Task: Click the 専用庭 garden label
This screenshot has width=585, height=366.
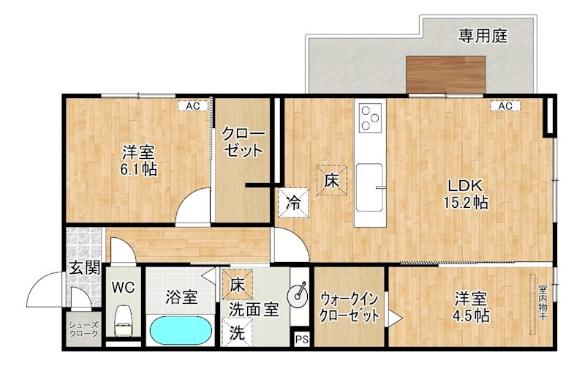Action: [483, 34]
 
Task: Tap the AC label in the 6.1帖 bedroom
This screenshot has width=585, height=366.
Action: [192, 106]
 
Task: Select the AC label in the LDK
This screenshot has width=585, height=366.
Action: [505, 106]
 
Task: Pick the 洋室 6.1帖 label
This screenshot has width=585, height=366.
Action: [139, 161]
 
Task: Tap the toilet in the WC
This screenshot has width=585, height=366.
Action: [124, 321]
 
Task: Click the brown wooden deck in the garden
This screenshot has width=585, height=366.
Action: [446, 75]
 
